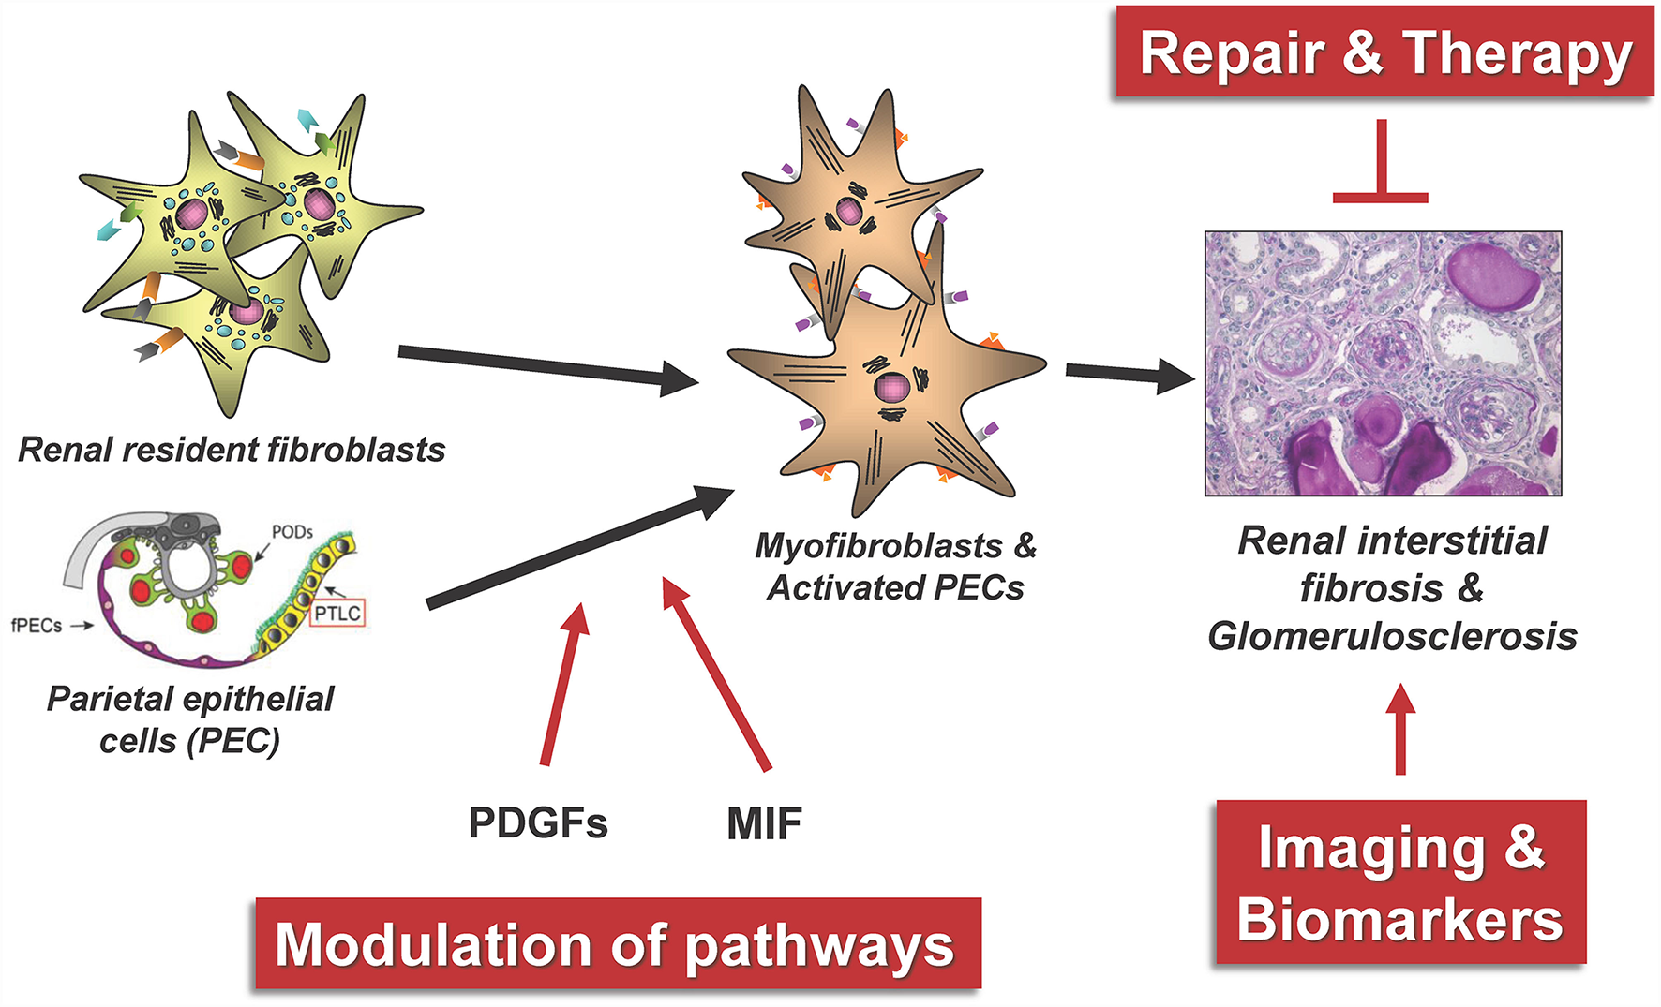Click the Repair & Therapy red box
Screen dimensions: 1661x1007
coord(1384,52)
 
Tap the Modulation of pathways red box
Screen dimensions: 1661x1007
coord(619,943)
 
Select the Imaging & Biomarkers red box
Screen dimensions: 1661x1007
coord(1401,881)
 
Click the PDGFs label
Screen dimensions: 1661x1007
coord(538,823)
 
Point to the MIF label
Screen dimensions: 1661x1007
coord(764,823)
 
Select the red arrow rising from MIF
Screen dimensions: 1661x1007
coord(716,674)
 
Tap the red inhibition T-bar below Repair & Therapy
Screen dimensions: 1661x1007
coord(1381,161)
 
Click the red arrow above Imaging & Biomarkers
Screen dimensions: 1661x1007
coord(1400,729)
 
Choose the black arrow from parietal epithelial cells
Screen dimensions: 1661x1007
coord(580,546)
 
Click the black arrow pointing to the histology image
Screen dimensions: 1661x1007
coord(1131,375)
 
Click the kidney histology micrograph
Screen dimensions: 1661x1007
coord(1384,363)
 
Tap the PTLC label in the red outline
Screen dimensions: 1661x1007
coord(337,614)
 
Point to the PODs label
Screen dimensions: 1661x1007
coord(292,532)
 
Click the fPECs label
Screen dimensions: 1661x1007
coord(37,625)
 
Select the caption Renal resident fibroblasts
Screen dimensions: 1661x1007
coord(232,450)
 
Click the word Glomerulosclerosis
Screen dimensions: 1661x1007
coord(1392,636)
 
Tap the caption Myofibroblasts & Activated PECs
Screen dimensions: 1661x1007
coord(896,566)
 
